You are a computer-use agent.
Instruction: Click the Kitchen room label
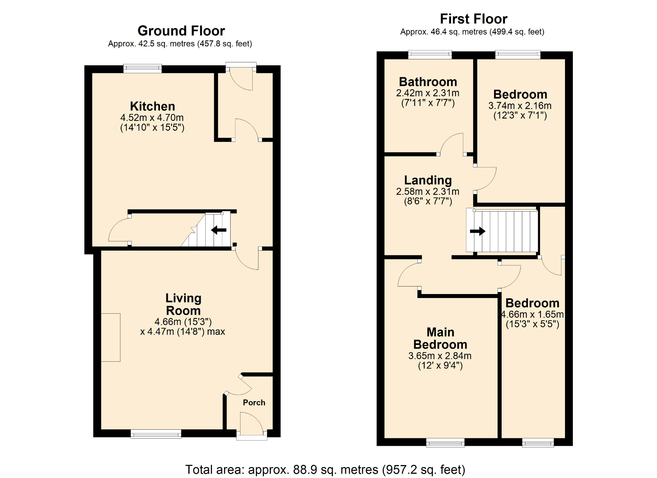pos(152,106)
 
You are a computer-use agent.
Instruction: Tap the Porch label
pos(254,402)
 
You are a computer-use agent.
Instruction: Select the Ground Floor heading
pos(181,31)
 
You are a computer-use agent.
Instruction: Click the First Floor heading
pos(473,19)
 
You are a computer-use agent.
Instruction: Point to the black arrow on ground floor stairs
pos(219,230)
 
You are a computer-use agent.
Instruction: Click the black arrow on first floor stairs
pos(478,231)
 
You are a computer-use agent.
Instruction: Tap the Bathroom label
pos(428,82)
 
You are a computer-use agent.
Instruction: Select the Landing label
pos(428,180)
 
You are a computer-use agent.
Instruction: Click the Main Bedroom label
pos(440,338)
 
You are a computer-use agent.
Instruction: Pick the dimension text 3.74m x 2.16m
pos(520,106)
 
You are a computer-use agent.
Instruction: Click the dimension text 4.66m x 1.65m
pos(532,314)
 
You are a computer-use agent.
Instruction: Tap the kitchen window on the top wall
pos(143,68)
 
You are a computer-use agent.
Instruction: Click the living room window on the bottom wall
pos(156,434)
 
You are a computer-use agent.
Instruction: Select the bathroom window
pos(430,55)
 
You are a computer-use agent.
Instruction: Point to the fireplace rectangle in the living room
pos(111,337)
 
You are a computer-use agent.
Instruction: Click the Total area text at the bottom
pos(325,469)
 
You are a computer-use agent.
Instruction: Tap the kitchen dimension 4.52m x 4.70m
pos(152,118)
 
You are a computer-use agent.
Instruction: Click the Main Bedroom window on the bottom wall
pos(445,443)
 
